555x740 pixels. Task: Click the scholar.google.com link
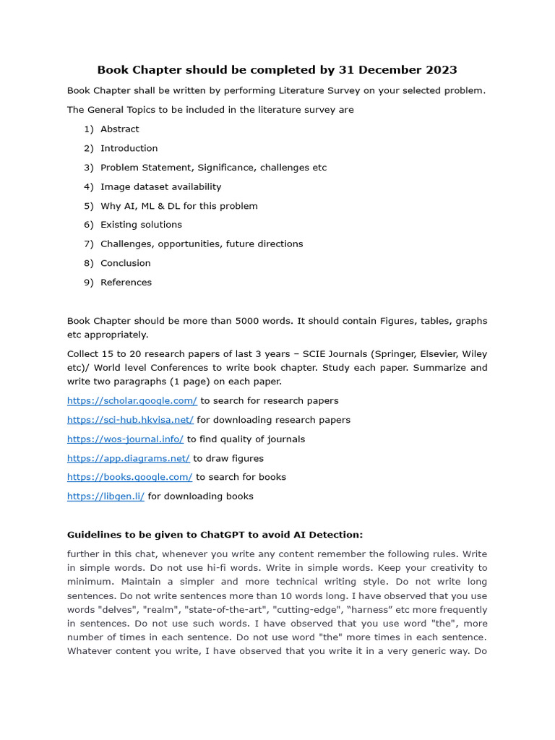(132, 400)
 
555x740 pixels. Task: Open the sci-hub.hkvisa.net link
(130, 420)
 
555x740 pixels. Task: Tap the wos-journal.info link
(125, 439)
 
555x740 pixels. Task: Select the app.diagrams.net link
(128, 458)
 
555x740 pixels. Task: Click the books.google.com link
(129, 477)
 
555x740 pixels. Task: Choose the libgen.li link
(106, 496)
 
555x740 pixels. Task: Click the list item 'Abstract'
(119, 129)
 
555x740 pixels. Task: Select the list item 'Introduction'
(129, 148)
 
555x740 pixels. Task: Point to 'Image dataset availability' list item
(160, 186)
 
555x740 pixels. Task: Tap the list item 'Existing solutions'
(141, 225)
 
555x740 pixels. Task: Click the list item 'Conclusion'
(126, 263)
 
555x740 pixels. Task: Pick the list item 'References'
(126, 283)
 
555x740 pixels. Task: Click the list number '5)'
(88, 206)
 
